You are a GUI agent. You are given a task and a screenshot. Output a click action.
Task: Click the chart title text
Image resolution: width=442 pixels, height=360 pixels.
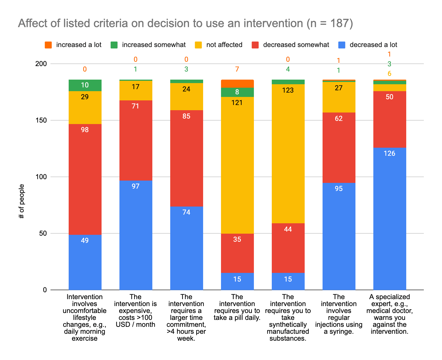(x=185, y=23)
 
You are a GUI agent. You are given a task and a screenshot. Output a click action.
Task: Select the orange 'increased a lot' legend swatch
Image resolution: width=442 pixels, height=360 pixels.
(x=48, y=45)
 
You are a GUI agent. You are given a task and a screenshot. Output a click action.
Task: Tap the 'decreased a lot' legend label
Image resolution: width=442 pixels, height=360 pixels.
(x=373, y=45)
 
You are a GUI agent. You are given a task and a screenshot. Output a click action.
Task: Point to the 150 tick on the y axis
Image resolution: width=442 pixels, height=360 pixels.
(x=41, y=120)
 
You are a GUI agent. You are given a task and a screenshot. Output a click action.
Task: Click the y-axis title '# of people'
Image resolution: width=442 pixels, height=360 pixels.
(x=22, y=201)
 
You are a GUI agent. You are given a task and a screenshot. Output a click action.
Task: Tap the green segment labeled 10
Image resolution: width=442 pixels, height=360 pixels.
(x=85, y=85)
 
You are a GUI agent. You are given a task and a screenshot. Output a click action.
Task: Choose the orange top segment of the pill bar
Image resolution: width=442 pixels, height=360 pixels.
(x=237, y=84)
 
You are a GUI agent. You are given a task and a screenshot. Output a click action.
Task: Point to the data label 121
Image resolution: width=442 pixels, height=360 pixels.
(x=237, y=103)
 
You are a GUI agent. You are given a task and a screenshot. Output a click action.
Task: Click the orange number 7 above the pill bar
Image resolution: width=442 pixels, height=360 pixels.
(x=237, y=69)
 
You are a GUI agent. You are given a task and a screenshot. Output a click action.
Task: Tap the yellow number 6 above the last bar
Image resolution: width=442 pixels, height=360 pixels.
(x=389, y=74)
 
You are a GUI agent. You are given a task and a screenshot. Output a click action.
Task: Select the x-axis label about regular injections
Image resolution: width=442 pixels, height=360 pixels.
(x=339, y=314)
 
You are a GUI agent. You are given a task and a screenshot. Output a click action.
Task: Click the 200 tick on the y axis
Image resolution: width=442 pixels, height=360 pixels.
(x=41, y=64)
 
